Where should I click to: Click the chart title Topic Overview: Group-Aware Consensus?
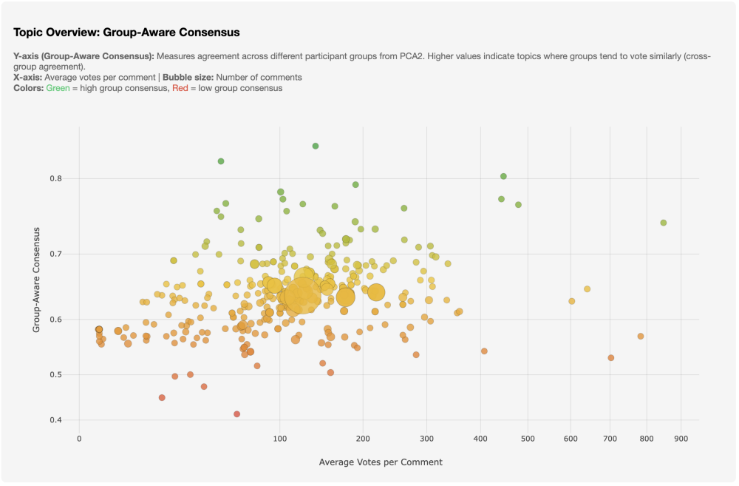click(126, 33)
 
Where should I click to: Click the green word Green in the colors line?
click(58, 88)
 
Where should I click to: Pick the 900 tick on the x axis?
click(681, 439)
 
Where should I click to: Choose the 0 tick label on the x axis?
click(79, 439)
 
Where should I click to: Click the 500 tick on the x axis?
click(528, 439)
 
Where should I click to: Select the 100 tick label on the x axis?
click(280, 439)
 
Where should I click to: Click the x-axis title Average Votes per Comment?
click(381, 462)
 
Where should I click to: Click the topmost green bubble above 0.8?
click(316, 146)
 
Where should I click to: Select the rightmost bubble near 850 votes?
click(664, 223)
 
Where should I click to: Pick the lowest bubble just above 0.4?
click(236, 414)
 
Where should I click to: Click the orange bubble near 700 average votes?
click(611, 357)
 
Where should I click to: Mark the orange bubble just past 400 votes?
click(484, 351)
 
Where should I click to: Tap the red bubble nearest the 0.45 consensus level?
click(162, 397)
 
